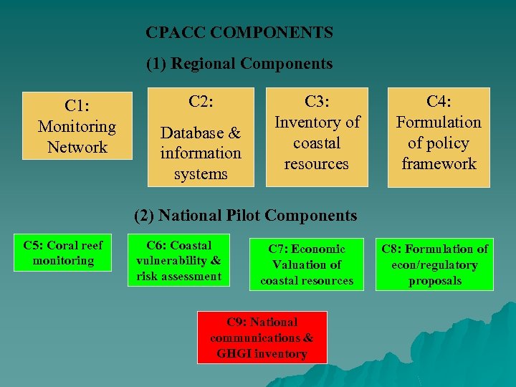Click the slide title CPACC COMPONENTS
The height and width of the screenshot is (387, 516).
(239, 32)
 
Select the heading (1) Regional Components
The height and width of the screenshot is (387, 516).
(239, 64)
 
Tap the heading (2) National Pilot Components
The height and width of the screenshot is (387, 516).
(247, 215)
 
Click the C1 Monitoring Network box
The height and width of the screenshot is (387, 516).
(77, 126)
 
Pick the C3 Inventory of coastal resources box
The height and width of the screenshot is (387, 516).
(316, 137)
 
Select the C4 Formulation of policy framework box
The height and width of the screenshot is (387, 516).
(439, 137)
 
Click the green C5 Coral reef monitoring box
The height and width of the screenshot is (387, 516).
(63, 253)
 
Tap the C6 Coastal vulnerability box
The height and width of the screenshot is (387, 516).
(178, 260)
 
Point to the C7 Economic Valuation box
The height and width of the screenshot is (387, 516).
(307, 264)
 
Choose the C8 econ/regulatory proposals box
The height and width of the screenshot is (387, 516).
(434, 264)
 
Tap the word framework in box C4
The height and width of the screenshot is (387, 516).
(439, 164)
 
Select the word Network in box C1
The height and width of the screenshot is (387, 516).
(77, 147)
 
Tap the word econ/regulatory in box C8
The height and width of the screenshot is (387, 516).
(434, 264)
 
